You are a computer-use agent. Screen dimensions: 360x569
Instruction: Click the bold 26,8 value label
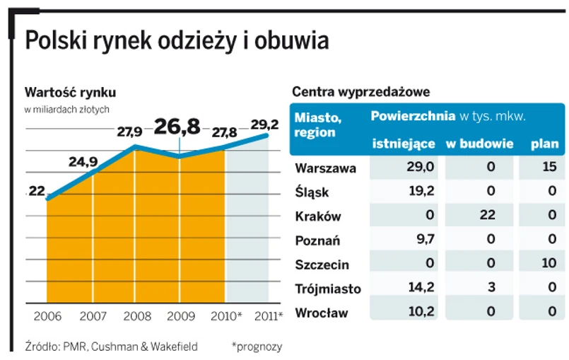pyautogui.click(x=177, y=127)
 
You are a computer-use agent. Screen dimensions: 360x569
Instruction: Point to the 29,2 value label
pyautogui.click(x=265, y=124)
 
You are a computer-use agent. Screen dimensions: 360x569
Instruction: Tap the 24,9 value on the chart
pyautogui.click(x=83, y=161)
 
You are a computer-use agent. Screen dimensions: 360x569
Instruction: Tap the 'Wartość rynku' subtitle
pyautogui.click(x=70, y=92)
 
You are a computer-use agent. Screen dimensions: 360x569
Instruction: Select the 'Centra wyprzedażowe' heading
pyautogui.click(x=360, y=92)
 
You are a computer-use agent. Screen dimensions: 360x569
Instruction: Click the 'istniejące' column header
pyautogui.click(x=404, y=144)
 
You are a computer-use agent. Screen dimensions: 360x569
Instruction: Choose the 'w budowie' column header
pyautogui.click(x=479, y=144)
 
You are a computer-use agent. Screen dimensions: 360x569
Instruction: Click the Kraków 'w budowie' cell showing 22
pyautogui.click(x=487, y=216)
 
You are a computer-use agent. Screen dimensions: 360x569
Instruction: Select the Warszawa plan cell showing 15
pyautogui.click(x=548, y=168)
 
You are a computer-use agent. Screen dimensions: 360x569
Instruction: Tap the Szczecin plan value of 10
pyautogui.click(x=548, y=264)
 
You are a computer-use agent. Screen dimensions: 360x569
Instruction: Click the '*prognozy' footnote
pyautogui.click(x=257, y=347)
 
